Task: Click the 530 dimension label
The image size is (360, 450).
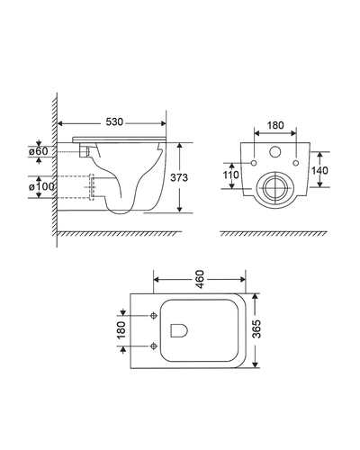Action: click(114, 122)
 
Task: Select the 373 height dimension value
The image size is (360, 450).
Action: click(179, 177)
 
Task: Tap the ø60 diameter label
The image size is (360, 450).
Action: click(39, 151)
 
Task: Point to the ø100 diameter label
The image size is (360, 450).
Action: click(41, 186)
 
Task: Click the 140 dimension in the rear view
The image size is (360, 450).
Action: click(319, 170)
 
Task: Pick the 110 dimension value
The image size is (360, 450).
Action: click(230, 175)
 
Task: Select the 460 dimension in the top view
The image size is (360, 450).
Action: click(200, 279)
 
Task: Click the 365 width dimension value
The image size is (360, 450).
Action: click(256, 329)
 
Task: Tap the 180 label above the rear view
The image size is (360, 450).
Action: click(275, 125)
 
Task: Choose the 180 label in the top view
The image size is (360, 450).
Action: click(121, 330)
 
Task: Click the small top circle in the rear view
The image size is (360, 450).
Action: click(274, 151)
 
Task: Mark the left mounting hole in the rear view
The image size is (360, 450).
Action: click(254, 163)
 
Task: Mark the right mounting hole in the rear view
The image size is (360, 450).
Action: click(296, 163)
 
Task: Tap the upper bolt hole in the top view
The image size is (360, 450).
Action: click(154, 316)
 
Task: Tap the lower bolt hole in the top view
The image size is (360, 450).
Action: click(154, 346)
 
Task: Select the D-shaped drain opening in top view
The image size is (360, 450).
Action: click(179, 330)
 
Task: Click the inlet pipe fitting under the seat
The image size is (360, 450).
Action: click(85, 151)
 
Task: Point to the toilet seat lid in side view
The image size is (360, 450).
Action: click(120, 139)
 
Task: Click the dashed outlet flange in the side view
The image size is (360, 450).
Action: click(92, 187)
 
